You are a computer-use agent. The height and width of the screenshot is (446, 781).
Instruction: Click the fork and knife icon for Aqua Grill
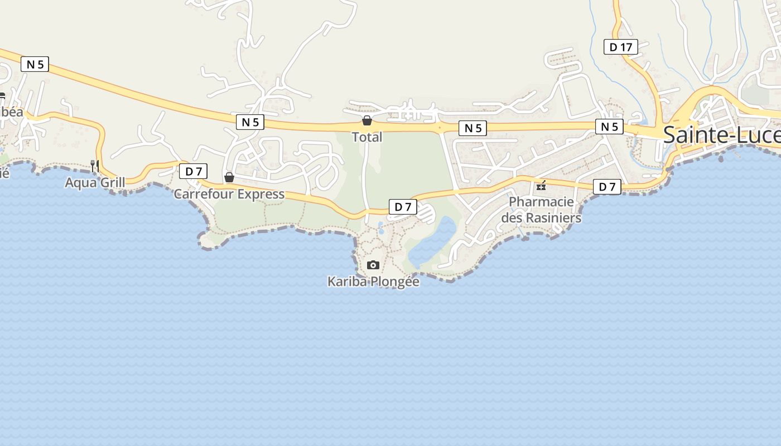click(x=95, y=165)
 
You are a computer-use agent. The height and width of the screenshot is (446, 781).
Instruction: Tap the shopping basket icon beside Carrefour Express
click(x=229, y=177)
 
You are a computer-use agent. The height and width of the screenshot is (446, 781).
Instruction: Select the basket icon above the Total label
click(x=367, y=120)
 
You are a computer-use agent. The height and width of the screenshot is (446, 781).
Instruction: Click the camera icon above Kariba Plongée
click(x=373, y=265)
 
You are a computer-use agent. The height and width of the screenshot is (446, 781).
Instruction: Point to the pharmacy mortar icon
click(x=541, y=185)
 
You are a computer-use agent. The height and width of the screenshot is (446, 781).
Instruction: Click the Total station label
click(x=367, y=137)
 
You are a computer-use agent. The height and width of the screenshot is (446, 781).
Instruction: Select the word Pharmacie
click(x=541, y=201)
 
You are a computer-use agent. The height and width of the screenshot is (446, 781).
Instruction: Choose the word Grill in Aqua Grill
click(x=111, y=182)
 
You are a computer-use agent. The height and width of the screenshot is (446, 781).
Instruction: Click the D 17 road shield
click(x=620, y=47)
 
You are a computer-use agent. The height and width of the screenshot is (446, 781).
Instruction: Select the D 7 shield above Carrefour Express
click(x=193, y=171)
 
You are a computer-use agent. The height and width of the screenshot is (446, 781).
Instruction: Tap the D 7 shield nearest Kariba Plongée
click(x=403, y=207)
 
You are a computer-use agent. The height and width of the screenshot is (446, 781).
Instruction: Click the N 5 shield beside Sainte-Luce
click(x=609, y=127)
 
